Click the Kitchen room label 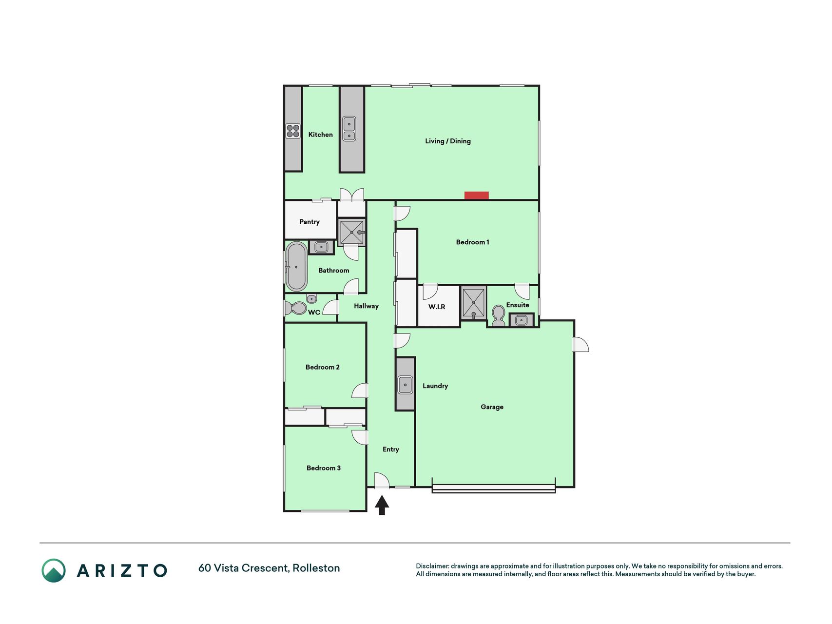pyautogui.click(x=320, y=135)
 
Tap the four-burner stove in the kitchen pyautogui.click(x=293, y=131)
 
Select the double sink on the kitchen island pyautogui.click(x=349, y=129)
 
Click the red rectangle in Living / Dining pyautogui.click(x=476, y=195)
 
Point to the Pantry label pyautogui.click(x=310, y=222)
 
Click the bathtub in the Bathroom pyautogui.click(x=296, y=267)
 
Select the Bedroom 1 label pyautogui.click(x=472, y=242)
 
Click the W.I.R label pyautogui.click(x=437, y=307)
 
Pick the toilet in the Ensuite pyautogui.click(x=498, y=316)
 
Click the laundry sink pyautogui.click(x=405, y=385)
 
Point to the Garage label pyautogui.click(x=492, y=407)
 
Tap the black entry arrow pyautogui.click(x=382, y=505)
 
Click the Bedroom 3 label pyautogui.click(x=324, y=468)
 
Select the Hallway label pyautogui.click(x=366, y=306)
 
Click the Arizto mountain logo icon pyautogui.click(x=54, y=570)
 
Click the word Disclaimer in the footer pyautogui.click(x=432, y=566)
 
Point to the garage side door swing pyautogui.click(x=581, y=344)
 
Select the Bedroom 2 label pyautogui.click(x=323, y=367)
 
